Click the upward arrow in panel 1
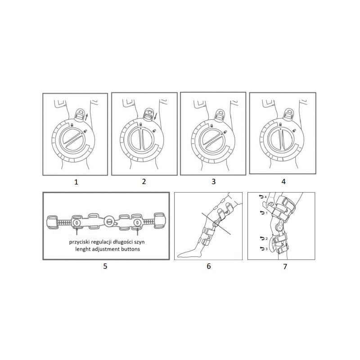[86, 117]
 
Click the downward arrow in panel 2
[155, 117]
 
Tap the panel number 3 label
[213, 182]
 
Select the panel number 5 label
[105, 266]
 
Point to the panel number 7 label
[285, 266]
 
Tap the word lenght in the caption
[83, 249]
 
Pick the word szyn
[139, 242]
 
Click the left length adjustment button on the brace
[76, 222]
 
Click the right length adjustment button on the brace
[137, 222]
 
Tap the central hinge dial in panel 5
[108, 222]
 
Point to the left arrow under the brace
[76, 231]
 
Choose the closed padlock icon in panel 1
[72, 125]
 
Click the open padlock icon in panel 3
[225, 131]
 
